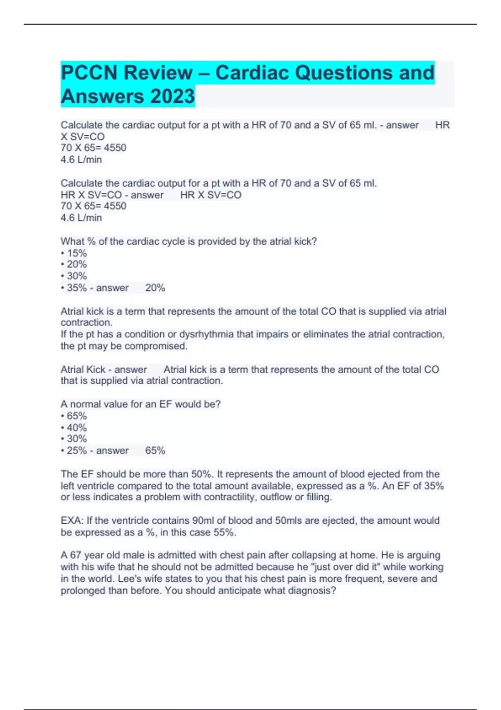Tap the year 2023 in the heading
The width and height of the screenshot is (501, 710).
172,96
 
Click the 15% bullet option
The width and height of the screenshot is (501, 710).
77,253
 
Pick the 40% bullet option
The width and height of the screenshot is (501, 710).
77,428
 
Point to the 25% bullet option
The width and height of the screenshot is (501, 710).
77,451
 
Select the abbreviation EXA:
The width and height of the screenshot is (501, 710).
72,520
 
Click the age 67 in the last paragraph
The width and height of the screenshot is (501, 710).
75,555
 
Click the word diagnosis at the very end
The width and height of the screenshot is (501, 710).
312,591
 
